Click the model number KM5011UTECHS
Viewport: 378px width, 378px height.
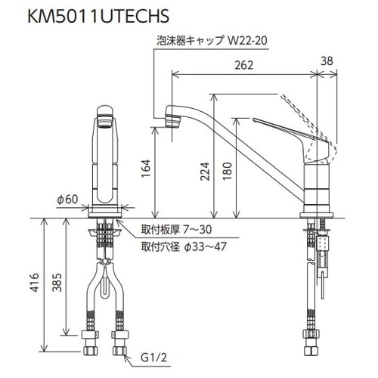pos(98,16)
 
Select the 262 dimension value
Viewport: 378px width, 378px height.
pos(244,65)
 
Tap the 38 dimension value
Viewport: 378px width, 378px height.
pos(327,61)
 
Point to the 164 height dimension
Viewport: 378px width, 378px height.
pos(146,169)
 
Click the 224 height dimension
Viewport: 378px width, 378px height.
pos(205,172)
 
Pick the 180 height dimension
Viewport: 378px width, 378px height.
pos(227,171)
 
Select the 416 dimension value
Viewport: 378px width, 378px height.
pos(35,282)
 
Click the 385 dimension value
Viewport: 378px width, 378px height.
pos(57,282)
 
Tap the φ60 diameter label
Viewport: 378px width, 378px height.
pos(67,200)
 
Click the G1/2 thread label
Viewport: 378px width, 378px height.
pos(153,358)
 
